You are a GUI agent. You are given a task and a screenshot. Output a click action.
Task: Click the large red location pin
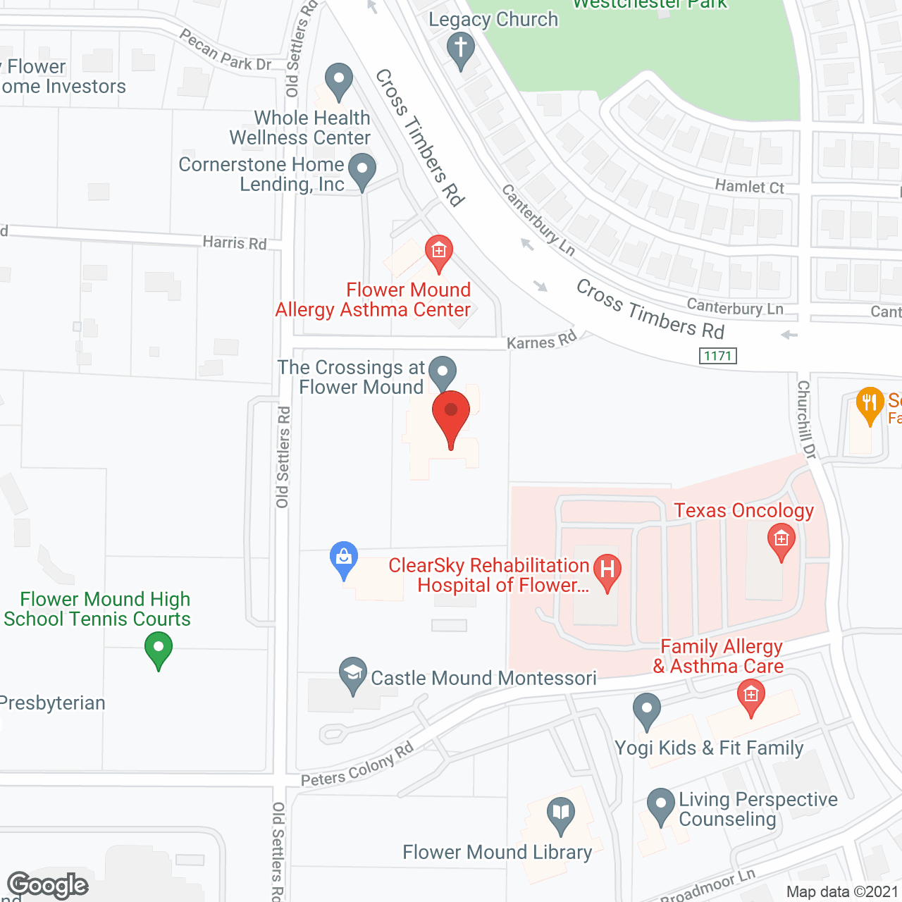(x=451, y=416)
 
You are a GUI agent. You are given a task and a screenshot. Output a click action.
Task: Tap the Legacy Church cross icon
(x=461, y=49)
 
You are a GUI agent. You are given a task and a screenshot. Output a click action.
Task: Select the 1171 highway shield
(x=718, y=356)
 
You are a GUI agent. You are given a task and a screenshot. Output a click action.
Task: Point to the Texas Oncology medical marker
(x=781, y=540)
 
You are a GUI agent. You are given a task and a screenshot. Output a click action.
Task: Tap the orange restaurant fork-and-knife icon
(x=870, y=404)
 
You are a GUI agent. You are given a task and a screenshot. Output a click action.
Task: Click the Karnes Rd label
(x=542, y=341)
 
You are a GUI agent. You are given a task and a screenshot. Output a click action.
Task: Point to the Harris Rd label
(x=235, y=242)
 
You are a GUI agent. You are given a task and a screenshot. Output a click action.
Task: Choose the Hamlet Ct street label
(x=749, y=187)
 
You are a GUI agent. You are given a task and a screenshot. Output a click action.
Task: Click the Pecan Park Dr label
(x=225, y=51)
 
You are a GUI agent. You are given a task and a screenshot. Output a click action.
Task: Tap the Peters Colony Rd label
(x=357, y=766)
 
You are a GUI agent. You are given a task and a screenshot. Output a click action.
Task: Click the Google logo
(x=48, y=885)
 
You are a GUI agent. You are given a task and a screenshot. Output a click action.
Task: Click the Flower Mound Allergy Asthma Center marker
(x=438, y=252)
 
